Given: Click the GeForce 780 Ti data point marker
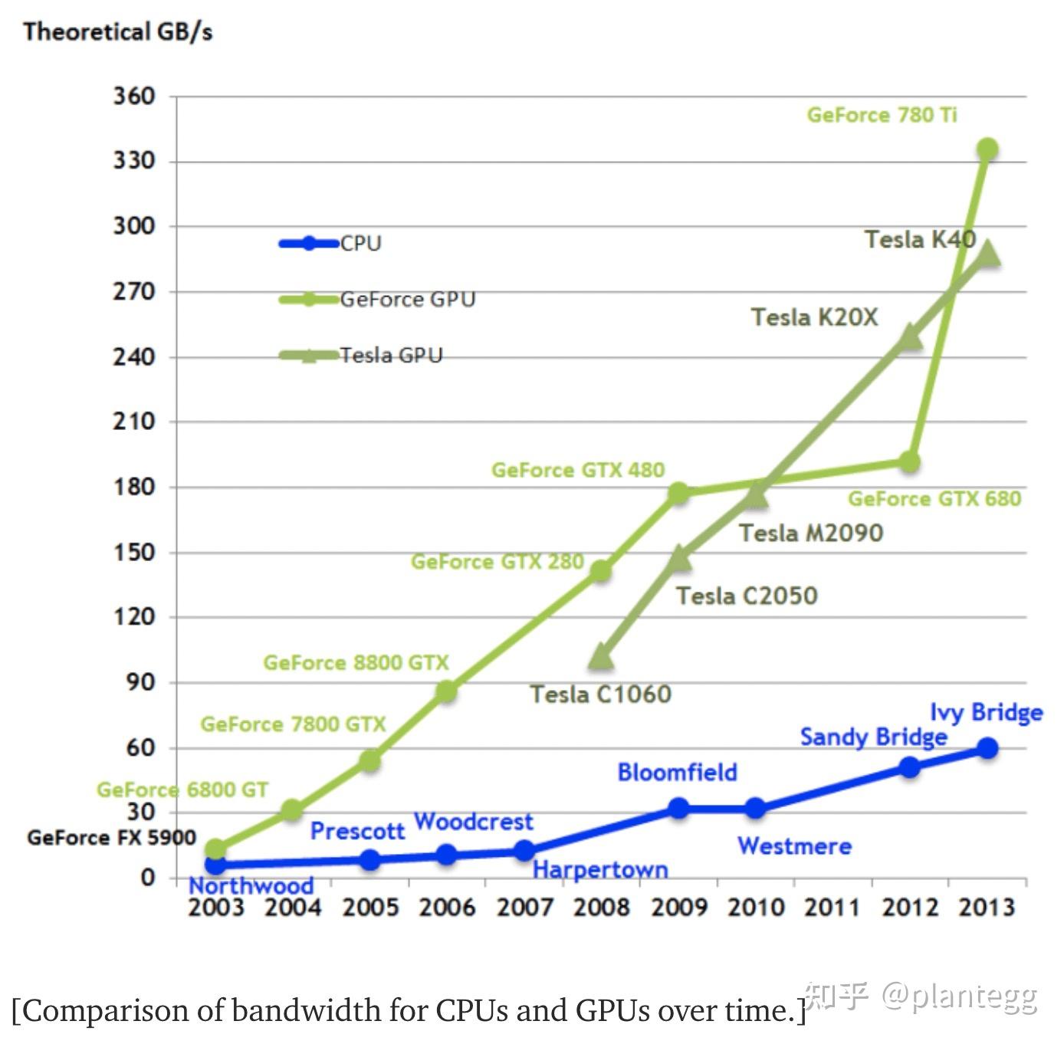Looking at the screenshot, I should click(987, 149).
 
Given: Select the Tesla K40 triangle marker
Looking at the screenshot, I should click(987, 253).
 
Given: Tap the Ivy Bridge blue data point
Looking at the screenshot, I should click(987, 748).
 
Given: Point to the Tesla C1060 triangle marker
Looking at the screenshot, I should click(602, 658).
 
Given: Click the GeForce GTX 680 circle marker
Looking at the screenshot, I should click(909, 462).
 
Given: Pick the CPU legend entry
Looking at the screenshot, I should click(330, 244).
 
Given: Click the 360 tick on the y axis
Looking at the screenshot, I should click(134, 97).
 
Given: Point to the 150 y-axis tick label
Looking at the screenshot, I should click(134, 552).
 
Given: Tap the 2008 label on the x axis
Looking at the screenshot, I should click(602, 908).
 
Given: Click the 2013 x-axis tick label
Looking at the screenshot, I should click(987, 908).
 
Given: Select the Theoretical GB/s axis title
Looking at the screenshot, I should click(117, 32).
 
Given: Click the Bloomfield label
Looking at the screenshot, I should click(678, 772).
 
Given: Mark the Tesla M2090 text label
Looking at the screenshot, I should click(811, 533).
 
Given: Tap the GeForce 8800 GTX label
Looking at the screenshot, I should click(356, 662).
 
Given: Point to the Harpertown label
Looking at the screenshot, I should click(600, 869).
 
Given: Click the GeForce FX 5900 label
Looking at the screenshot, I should click(112, 837).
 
